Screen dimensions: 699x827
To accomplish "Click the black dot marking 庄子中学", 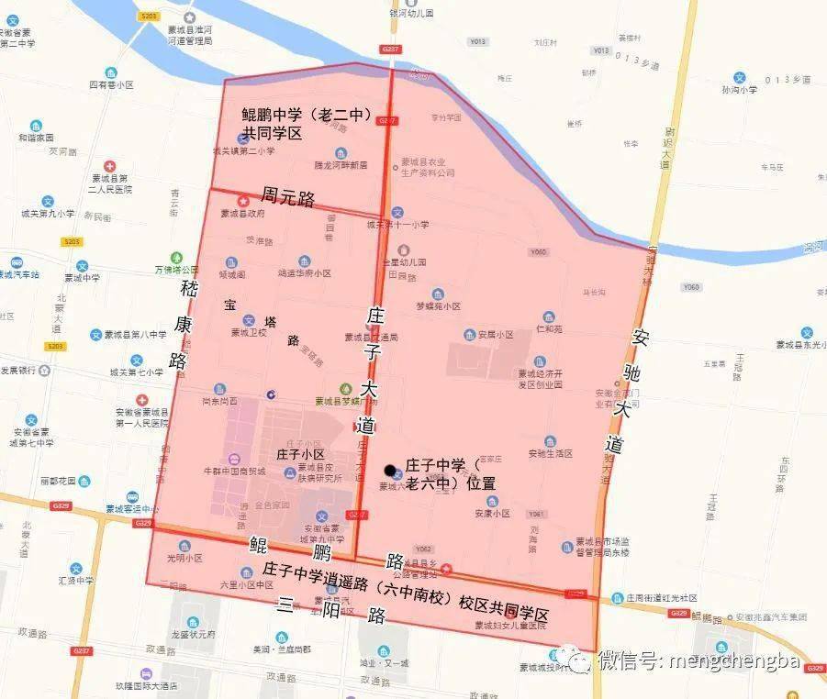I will (390, 471).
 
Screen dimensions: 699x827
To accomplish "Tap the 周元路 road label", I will (288, 195).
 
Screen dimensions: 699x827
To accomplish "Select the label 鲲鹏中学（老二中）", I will (305, 116).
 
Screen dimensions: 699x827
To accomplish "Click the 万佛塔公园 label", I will (176, 270).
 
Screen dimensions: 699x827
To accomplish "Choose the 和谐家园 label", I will (36, 138).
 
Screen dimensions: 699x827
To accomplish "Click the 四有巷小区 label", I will (111, 83).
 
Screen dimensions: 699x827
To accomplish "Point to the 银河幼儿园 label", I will (408, 14).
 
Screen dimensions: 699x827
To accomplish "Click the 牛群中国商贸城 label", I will (234, 471).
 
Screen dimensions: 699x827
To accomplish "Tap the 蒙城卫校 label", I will (248, 333).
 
